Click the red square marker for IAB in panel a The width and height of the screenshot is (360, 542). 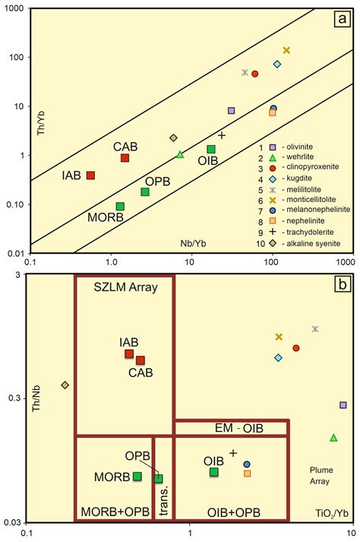click(x=90, y=176)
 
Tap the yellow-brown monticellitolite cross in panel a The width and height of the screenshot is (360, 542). click(x=286, y=50)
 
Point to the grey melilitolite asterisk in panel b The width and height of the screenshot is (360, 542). click(x=315, y=329)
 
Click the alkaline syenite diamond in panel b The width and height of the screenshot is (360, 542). click(x=65, y=385)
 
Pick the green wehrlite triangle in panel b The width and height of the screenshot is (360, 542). click(x=333, y=438)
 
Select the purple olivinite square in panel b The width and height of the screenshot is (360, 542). click(x=343, y=405)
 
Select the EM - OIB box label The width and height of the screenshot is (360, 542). click(x=231, y=429)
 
